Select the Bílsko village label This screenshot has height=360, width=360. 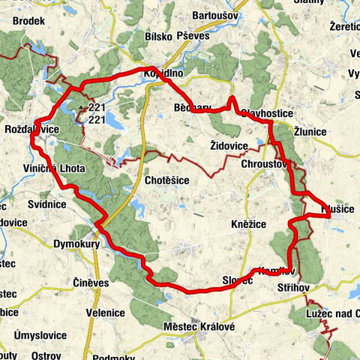point(158,36)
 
